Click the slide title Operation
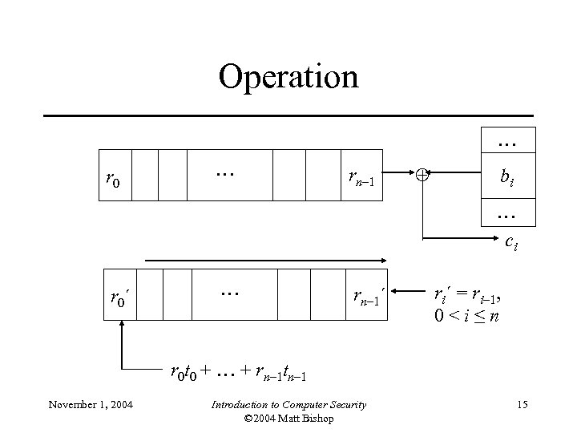[288, 77]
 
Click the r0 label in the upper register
[113, 181]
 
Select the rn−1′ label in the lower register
[369, 298]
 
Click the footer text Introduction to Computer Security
[288, 405]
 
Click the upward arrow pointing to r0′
[123, 345]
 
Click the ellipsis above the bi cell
[506, 142]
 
